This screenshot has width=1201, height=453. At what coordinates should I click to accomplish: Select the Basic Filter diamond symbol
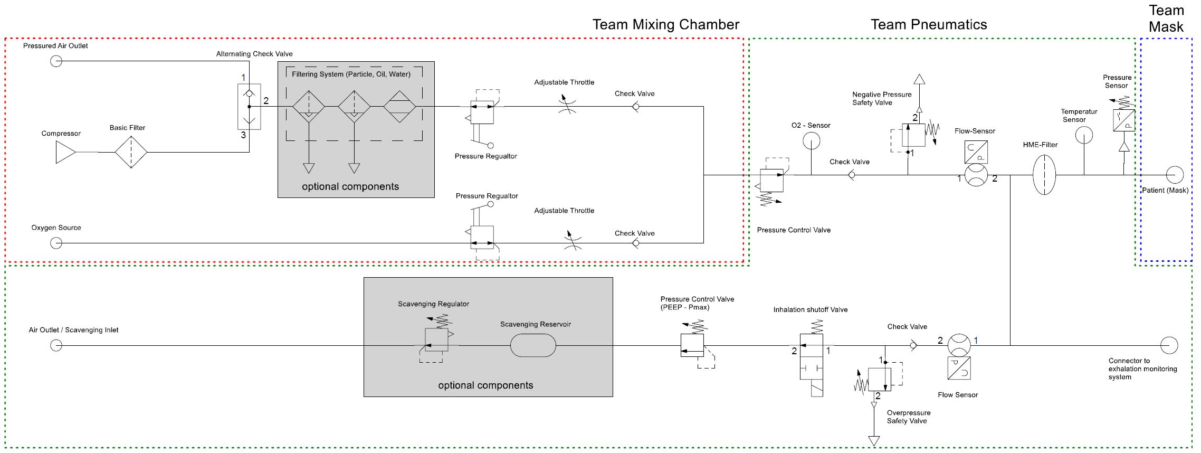click(x=131, y=152)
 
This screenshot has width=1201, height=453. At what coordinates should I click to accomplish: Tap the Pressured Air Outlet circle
click(x=56, y=61)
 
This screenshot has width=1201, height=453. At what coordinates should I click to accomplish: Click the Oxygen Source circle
click(x=56, y=243)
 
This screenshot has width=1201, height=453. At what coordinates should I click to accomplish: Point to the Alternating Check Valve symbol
click(x=249, y=107)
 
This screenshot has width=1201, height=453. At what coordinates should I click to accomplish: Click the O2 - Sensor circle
click(x=811, y=141)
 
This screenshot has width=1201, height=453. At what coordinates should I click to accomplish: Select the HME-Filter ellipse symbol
click(x=1044, y=175)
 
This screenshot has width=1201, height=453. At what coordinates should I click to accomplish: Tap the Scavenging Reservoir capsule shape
click(x=533, y=346)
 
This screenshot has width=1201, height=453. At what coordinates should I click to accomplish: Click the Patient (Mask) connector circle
click(x=1175, y=175)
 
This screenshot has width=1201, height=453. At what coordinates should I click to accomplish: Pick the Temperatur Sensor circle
click(x=1084, y=136)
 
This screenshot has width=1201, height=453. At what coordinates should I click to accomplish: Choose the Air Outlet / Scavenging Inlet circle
click(x=56, y=345)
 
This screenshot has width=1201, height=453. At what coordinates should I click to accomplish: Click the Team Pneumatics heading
click(x=928, y=25)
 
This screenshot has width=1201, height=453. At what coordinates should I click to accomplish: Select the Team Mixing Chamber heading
click(x=665, y=25)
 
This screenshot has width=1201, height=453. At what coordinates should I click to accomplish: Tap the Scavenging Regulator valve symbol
click(x=436, y=339)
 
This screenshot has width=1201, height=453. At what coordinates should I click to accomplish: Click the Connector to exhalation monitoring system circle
click(x=1169, y=345)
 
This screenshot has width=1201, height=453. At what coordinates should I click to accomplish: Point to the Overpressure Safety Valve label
click(x=908, y=417)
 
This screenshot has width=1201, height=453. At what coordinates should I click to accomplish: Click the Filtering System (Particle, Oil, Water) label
click(x=351, y=74)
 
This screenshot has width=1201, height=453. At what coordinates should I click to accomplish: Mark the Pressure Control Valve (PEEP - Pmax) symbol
click(x=692, y=345)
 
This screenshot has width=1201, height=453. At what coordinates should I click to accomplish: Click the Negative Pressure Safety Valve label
click(x=881, y=99)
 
